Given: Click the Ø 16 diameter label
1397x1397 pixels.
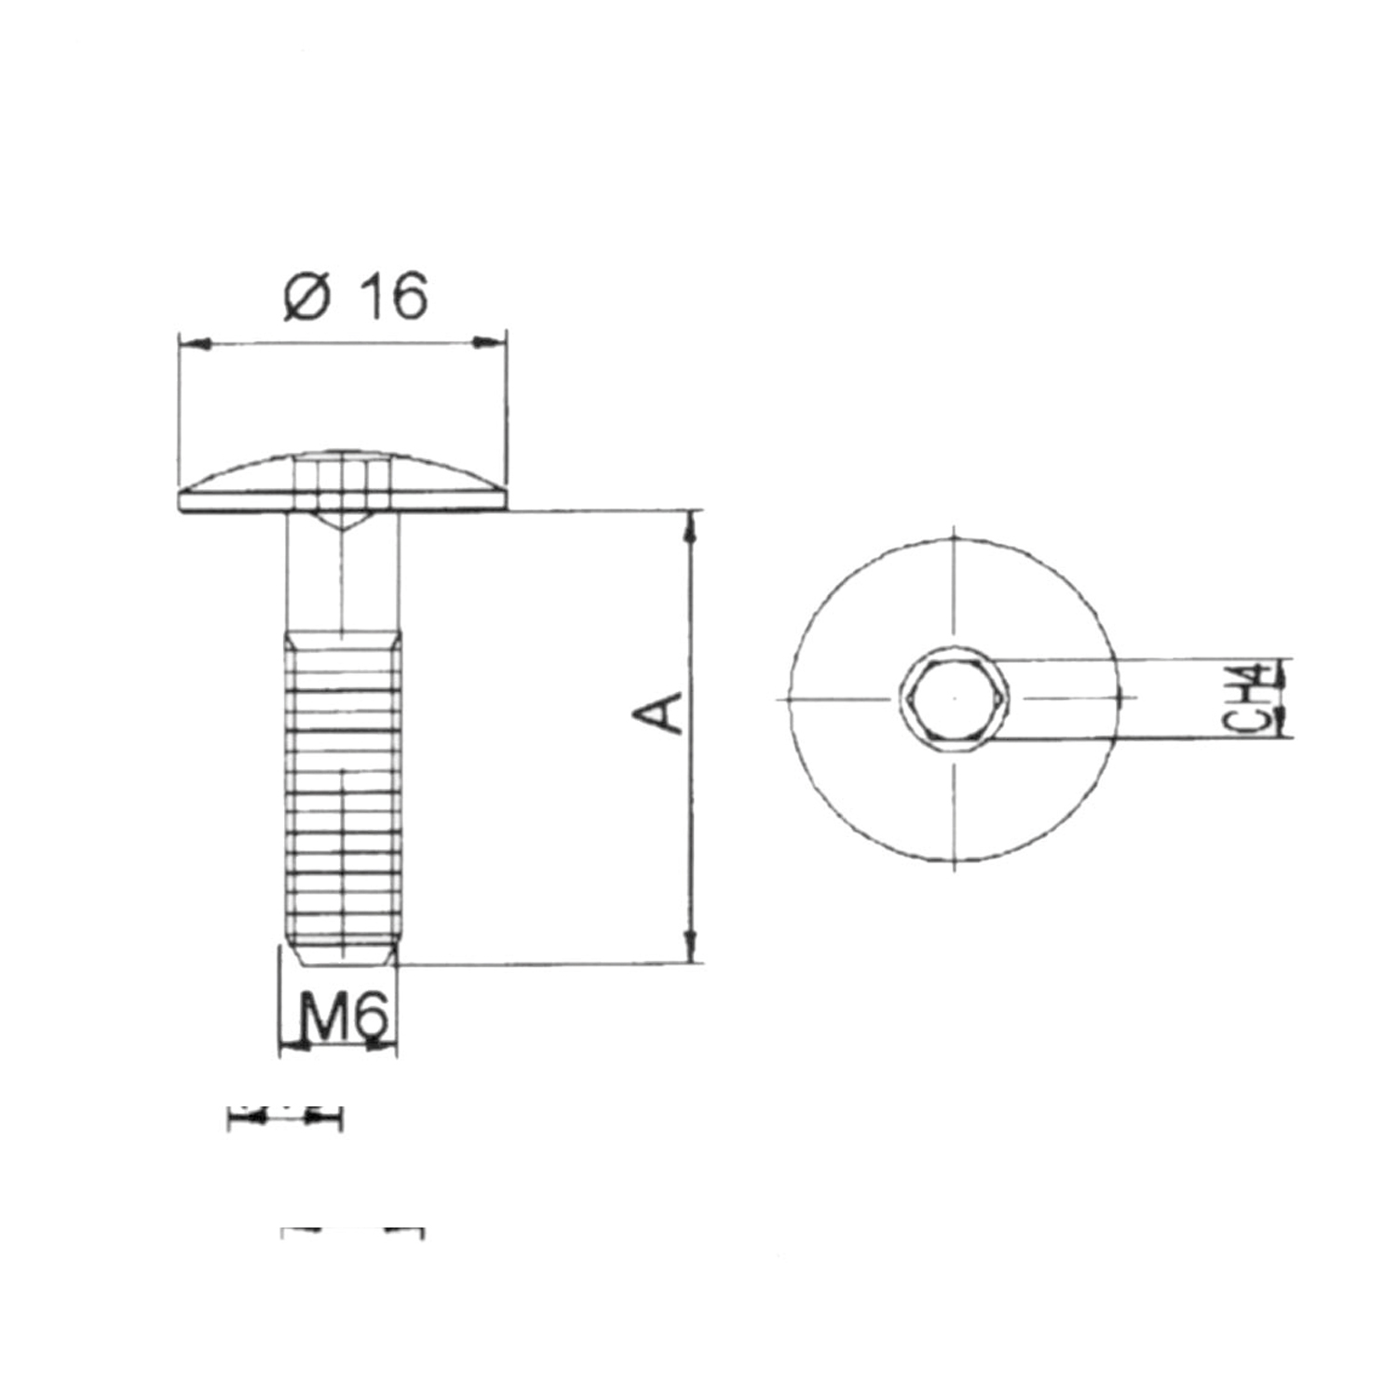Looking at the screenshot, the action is (x=355, y=297).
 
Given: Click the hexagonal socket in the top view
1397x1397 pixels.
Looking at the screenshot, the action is (x=954, y=698).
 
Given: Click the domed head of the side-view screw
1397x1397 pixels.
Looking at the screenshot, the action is (x=343, y=481).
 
